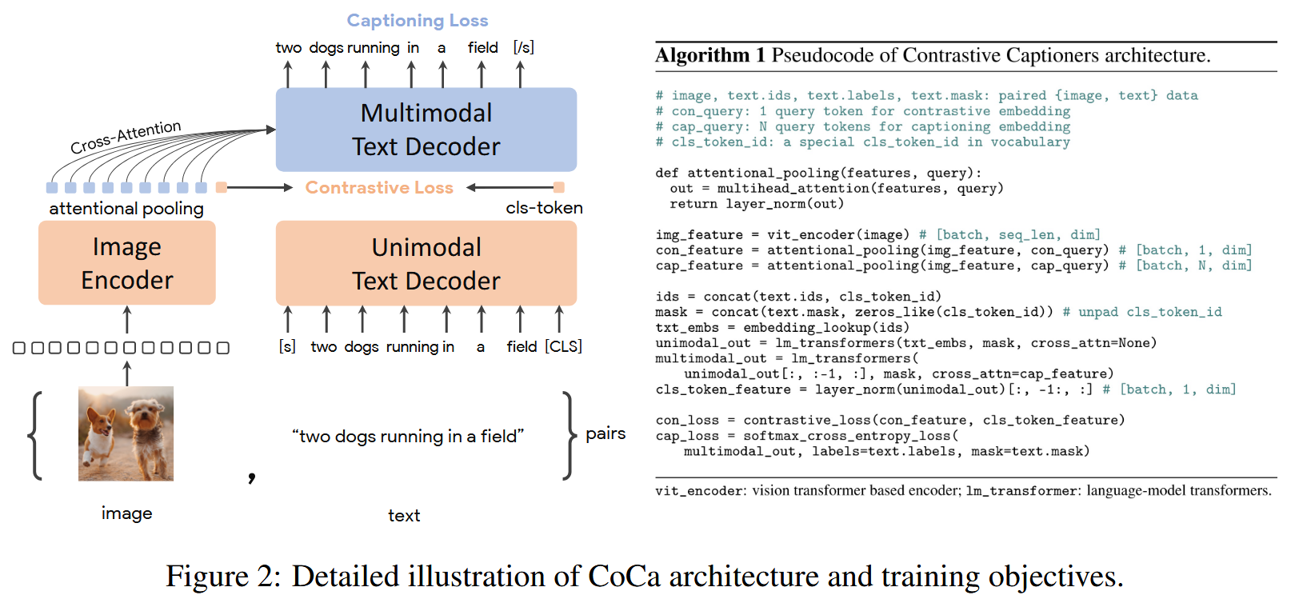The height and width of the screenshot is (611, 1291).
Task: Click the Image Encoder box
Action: click(126, 263)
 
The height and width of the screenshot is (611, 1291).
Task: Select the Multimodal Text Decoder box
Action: click(426, 130)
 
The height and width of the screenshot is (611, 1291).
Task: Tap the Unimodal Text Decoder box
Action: click(426, 263)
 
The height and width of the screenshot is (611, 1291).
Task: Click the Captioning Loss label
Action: click(417, 21)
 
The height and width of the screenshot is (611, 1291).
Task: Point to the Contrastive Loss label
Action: click(379, 188)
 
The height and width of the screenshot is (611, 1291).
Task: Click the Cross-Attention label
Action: click(126, 137)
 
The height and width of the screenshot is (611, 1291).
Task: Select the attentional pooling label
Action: click(126, 209)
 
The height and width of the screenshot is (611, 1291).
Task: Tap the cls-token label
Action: click(544, 208)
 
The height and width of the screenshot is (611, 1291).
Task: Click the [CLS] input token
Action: click(563, 346)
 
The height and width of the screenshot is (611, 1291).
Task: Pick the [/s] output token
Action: click(523, 48)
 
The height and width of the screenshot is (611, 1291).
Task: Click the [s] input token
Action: click(287, 346)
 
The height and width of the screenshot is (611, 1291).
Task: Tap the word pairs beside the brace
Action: click(606, 433)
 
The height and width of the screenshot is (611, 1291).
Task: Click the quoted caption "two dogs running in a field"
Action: click(408, 437)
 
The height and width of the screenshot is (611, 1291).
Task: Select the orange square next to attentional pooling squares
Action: click(222, 187)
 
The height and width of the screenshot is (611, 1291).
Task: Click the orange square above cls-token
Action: click(559, 187)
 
